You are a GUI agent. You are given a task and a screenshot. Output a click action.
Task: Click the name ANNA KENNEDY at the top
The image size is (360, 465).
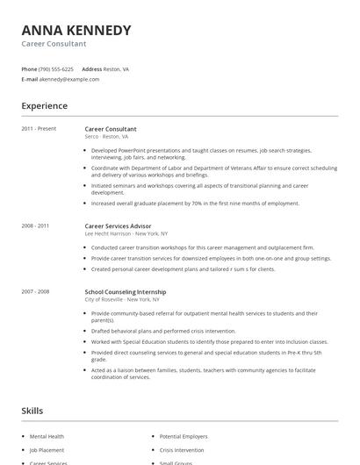pos(76,30)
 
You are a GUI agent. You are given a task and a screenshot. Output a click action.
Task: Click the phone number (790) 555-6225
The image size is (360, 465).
pos(57,68)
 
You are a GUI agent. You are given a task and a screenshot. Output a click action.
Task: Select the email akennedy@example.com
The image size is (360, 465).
pos(69,79)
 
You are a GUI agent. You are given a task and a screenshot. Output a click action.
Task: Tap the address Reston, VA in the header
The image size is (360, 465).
pos(117,68)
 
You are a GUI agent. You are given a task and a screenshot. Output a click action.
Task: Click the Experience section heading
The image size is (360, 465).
pos(44,106)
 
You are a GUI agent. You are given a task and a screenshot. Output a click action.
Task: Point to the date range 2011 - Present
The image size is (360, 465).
pos(39,129)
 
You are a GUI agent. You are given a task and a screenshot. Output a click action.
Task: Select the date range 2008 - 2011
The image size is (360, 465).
pos(35,226)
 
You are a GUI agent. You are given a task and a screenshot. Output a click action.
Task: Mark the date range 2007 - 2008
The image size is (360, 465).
pos(35,291)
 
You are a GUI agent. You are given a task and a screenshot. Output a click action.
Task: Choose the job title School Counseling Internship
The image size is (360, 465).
pos(125,291)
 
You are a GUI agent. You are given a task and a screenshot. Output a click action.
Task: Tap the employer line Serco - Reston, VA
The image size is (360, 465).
pos(106,137)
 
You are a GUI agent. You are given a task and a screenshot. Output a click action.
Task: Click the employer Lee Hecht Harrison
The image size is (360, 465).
pos(108,234)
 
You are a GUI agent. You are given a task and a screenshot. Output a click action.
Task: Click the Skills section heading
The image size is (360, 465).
pos(32,411)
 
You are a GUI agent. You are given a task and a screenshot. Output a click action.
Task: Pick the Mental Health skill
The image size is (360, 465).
pos(47,436)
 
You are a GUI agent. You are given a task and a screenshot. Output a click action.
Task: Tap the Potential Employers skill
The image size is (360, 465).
pos(184,436)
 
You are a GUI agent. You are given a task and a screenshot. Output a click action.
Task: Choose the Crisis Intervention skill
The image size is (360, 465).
pos(182,449)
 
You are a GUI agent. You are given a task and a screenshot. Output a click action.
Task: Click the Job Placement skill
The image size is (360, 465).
pos(47,449)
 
